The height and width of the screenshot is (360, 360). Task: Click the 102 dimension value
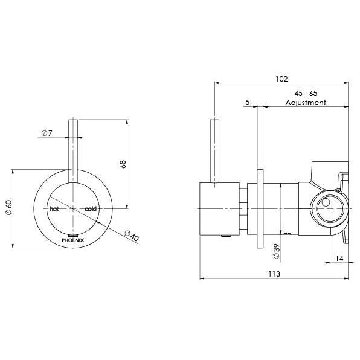point(281,79)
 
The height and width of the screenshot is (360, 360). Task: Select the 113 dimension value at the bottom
point(274,272)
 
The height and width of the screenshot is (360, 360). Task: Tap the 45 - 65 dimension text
point(306,94)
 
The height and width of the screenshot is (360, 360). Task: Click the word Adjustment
point(306,103)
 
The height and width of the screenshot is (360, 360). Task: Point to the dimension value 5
point(248,103)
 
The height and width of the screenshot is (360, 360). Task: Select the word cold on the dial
point(91,209)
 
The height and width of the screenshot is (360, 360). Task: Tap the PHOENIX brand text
point(73,240)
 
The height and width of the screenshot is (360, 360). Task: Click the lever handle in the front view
point(73,151)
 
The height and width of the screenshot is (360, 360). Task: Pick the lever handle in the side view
point(214,151)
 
